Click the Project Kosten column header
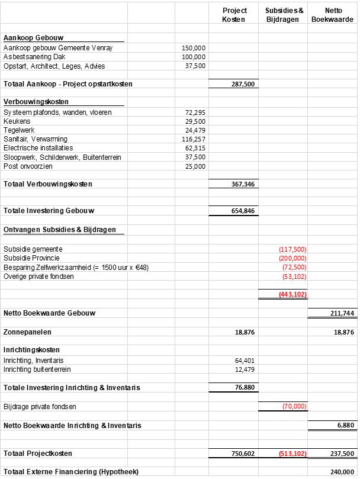pyautogui.click(x=234, y=15)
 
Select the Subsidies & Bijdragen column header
pyautogui.click(x=284, y=15)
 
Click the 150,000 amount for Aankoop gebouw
pyautogui.click(x=195, y=48)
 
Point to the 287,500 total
pyautogui.click(x=243, y=84)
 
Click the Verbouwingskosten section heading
pyautogui.click(x=36, y=102)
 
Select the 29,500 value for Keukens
pyautogui.click(x=196, y=121)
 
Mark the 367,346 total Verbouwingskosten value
pyautogui.click(x=243, y=184)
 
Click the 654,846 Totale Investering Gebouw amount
pyautogui.click(x=243, y=211)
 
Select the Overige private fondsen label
pyautogui.click(x=38, y=276)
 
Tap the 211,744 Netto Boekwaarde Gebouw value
pyautogui.click(x=343, y=313)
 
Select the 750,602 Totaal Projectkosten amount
pyautogui.click(x=243, y=454)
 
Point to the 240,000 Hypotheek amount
pyautogui.click(x=343, y=472)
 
